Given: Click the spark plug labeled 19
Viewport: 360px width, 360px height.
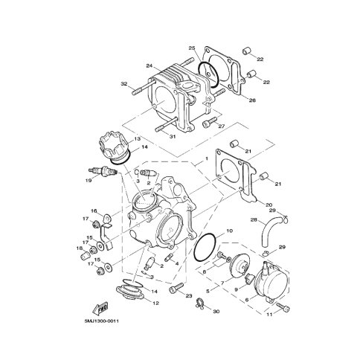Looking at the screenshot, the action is pyautogui.click(x=103, y=171).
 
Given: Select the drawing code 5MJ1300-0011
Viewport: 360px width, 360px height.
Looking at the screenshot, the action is pyautogui.click(x=102, y=321).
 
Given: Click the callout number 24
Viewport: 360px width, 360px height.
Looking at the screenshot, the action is pyautogui.click(x=150, y=65).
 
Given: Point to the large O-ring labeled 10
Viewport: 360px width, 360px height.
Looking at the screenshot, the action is pyautogui.click(x=205, y=247).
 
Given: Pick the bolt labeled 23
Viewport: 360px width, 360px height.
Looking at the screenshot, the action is pyautogui.click(x=176, y=289).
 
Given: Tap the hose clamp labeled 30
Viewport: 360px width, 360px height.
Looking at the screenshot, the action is pyautogui.click(x=200, y=303).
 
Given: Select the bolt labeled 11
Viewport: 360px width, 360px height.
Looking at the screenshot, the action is pyautogui.click(x=283, y=307).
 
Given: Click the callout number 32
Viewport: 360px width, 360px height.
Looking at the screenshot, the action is pyautogui.click(x=124, y=84).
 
